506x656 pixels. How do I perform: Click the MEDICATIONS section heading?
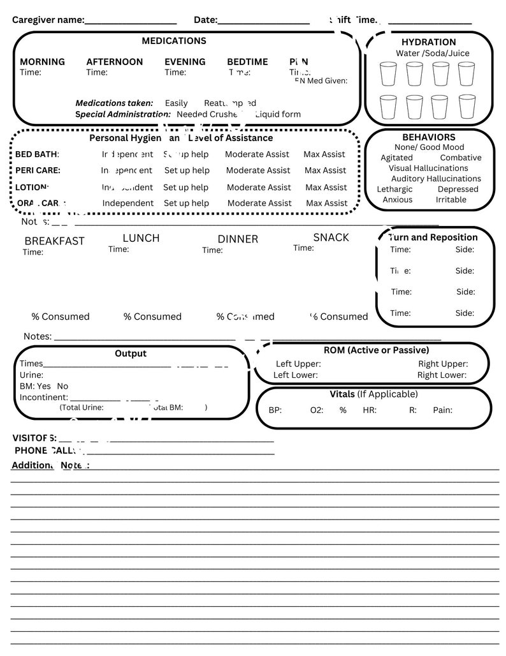174,41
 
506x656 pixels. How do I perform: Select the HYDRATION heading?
428,42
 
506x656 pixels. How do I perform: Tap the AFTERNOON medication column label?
115,62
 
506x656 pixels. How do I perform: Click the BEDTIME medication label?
247,62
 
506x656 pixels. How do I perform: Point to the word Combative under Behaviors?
460,158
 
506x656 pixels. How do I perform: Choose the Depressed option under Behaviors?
458,189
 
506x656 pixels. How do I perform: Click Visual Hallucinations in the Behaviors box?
428,168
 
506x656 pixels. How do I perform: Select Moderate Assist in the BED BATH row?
257,154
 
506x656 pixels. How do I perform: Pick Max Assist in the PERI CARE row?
325,170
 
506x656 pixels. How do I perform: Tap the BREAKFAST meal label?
54,241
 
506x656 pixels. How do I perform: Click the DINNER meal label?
238,239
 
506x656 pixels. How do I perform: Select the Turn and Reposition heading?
433,237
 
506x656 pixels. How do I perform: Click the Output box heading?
131,354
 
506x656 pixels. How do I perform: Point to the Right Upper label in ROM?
443,364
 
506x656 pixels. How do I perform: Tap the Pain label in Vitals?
442,410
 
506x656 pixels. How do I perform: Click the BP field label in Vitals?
275,410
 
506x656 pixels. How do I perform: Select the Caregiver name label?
48,20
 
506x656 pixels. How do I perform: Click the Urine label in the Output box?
31,375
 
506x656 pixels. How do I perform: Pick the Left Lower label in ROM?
295,375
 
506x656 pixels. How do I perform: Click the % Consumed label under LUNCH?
152,317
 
